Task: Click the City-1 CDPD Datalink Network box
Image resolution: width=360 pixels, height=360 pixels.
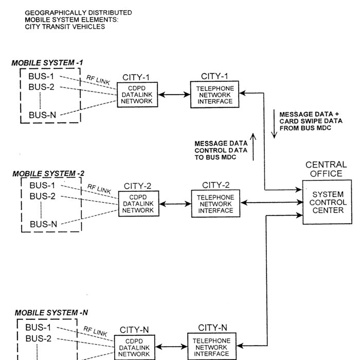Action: click(137, 95)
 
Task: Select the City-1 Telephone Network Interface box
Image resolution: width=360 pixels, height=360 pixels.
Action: click(215, 95)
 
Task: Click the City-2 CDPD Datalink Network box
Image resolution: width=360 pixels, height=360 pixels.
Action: click(137, 204)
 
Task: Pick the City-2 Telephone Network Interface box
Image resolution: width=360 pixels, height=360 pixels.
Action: click(215, 203)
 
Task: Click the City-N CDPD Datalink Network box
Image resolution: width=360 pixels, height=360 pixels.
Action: click(134, 348)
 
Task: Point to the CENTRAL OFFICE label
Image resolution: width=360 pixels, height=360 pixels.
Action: click(326, 169)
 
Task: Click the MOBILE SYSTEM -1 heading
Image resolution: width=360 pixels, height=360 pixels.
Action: click(47, 63)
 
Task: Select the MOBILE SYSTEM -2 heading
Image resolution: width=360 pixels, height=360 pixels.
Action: click(48, 173)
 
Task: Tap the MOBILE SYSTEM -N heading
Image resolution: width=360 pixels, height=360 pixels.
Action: click(51, 312)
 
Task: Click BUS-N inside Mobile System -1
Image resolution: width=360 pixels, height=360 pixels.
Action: click(42, 114)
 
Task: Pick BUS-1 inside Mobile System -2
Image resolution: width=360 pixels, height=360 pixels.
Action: click(43, 185)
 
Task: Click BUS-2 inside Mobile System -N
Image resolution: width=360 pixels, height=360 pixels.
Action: click(39, 338)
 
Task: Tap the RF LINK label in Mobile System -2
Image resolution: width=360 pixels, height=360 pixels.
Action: click(99, 189)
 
